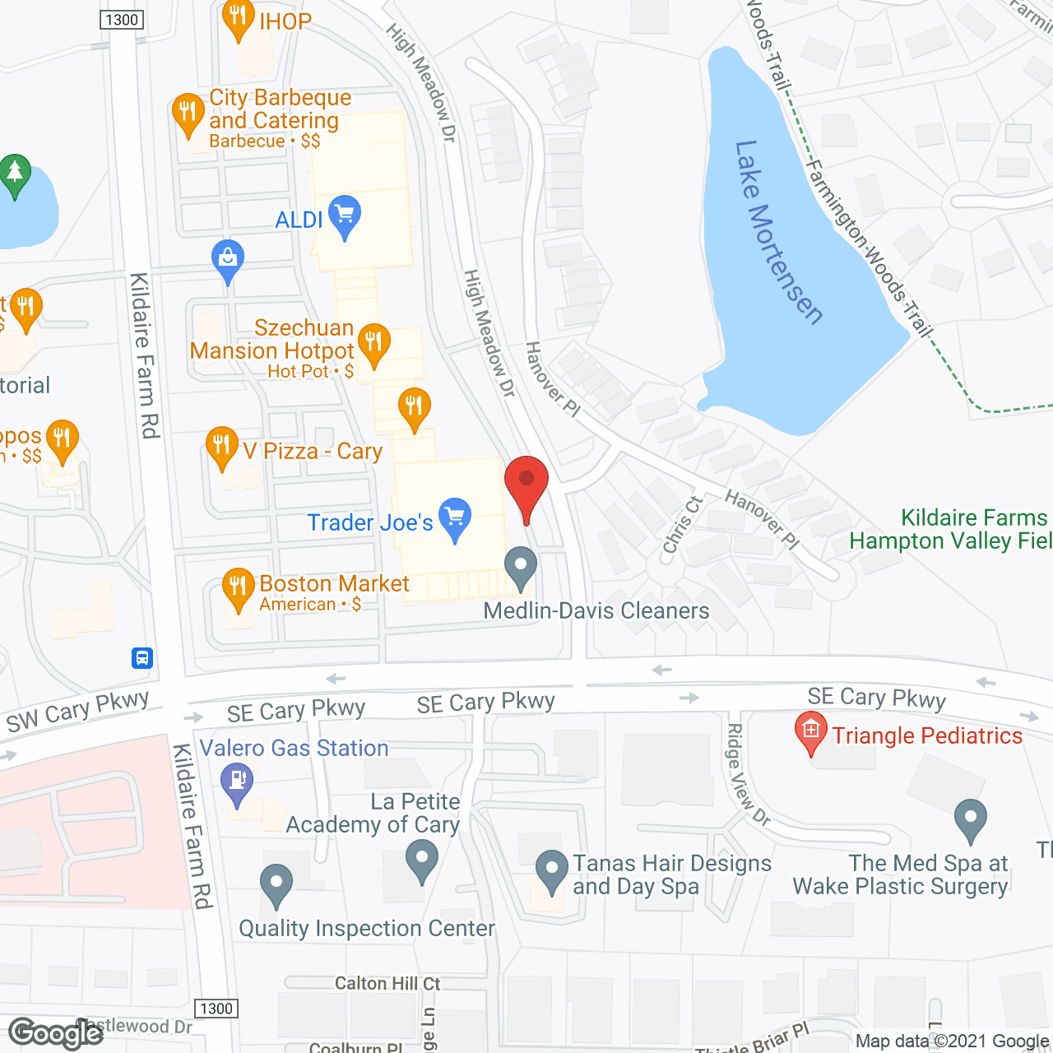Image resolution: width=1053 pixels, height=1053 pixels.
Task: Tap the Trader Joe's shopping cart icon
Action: (455, 518)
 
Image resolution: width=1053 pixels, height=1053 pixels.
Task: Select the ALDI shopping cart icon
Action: (345, 216)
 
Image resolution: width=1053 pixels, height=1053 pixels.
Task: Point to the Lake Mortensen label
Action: (777, 232)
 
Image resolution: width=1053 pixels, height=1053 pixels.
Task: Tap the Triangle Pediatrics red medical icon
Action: (810, 732)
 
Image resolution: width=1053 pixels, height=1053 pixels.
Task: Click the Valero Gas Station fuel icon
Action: (237, 782)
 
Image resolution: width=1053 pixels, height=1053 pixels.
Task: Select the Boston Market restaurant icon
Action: (238, 588)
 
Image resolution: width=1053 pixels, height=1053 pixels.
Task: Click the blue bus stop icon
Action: (142, 658)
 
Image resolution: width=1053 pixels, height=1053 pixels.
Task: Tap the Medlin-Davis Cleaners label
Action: (596, 610)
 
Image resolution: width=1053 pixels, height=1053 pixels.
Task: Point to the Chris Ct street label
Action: (683, 525)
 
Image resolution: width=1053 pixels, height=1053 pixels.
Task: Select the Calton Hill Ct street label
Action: (387, 983)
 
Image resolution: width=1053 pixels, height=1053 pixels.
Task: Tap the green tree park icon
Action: (14, 174)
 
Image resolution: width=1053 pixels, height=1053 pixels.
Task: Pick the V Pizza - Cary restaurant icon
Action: (221, 447)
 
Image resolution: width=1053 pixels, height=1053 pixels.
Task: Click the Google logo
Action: (56, 1033)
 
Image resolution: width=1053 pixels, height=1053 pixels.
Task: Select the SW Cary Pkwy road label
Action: (78, 712)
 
